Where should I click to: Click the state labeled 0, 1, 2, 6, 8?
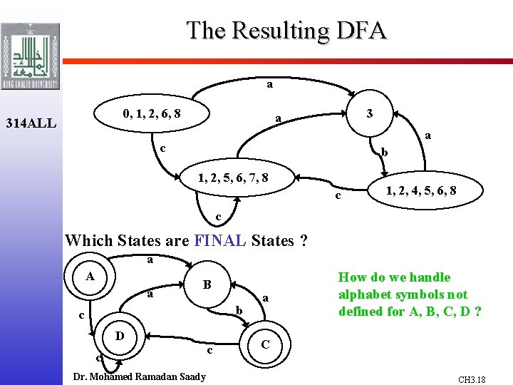pyautogui.click(x=151, y=113)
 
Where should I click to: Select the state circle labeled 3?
pyautogui.click(x=368, y=113)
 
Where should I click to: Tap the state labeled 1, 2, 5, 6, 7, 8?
pyautogui.click(x=234, y=178)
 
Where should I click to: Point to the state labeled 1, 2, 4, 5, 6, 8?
pyautogui.click(x=421, y=190)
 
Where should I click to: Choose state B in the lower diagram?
pyautogui.click(x=207, y=285)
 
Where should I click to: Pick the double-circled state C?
pyautogui.click(x=264, y=344)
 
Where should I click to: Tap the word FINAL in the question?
pyautogui.click(x=220, y=240)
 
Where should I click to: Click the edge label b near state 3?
pyautogui.click(x=385, y=152)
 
